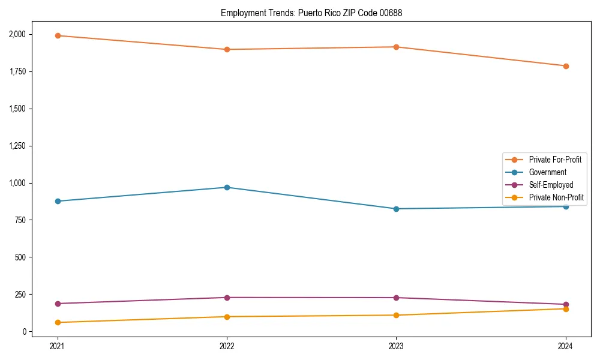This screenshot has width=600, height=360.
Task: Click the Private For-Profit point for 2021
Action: click(x=58, y=35)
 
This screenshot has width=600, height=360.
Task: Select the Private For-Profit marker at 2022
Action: click(x=227, y=49)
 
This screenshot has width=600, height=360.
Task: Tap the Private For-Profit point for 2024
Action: click(x=566, y=66)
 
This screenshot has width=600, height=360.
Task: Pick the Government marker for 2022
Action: click(x=227, y=187)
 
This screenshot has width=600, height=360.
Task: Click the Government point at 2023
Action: click(x=396, y=209)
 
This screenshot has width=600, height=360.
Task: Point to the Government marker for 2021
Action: click(x=58, y=201)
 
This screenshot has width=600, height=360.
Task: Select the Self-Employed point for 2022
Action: click(x=227, y=298)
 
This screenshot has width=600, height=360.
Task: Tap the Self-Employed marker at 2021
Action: click(x=58, y=304)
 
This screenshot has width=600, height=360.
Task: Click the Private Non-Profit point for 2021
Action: click(x=58, y=322)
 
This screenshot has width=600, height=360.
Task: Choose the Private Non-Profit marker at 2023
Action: click(x=396, y=315)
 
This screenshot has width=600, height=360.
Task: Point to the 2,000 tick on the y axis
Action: click(x=17, y=34)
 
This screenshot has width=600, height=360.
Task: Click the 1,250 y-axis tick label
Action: click(x=17, y=146)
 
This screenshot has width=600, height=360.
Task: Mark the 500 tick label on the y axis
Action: click(x=21, y=257)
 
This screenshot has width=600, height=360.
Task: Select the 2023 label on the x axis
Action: click(x=396, y=346)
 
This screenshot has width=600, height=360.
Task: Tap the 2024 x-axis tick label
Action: click(x=566, y=346)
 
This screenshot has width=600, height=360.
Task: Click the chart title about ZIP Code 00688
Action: click(x=311, y=13)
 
